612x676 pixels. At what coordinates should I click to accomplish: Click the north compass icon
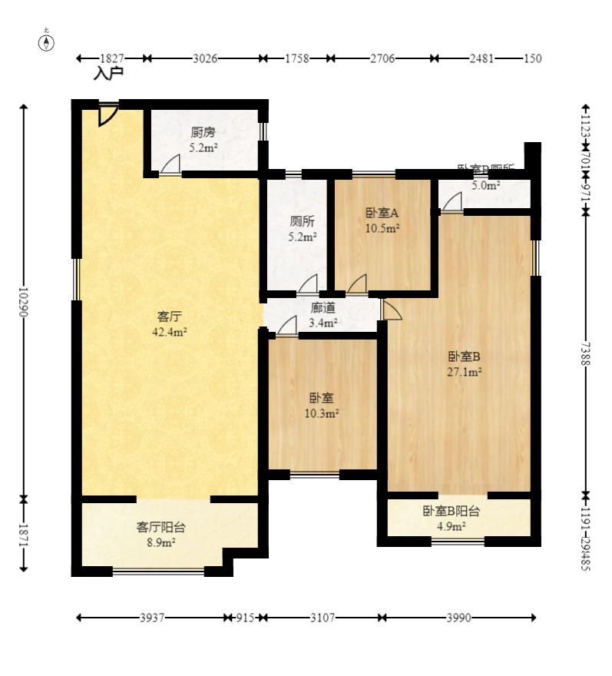click(47, 41)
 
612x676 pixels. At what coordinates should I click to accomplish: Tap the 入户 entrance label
click(108, 75)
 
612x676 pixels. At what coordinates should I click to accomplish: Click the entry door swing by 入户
click(108, 114)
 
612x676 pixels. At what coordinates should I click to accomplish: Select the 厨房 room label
click(203, 131)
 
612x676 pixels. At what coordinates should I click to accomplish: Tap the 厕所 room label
click(302, 221)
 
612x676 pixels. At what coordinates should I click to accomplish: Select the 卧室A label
click(382, 213)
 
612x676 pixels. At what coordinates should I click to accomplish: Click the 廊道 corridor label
click(323, 308)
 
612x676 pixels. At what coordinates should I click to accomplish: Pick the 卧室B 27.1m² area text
click(465, 372)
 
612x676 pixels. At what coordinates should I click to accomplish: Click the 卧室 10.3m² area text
click(322, 413)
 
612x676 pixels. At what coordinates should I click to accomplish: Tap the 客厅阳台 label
click(160, 527)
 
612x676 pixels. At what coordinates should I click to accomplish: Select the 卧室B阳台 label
click(451, 511)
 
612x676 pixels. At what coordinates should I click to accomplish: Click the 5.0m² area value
click(485, 185)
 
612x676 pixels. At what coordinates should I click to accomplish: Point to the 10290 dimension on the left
click(23, 303)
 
